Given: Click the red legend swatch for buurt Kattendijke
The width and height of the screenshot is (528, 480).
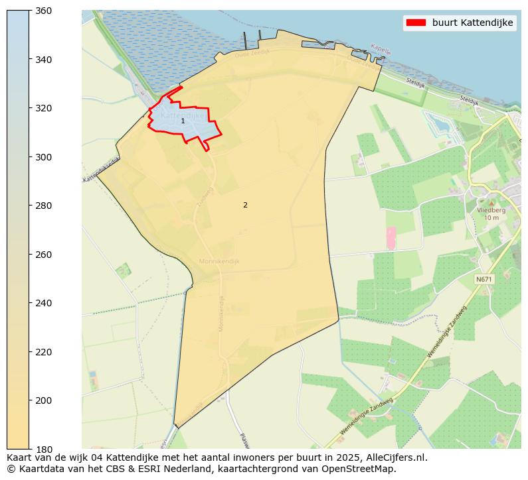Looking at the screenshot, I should pos(416,23).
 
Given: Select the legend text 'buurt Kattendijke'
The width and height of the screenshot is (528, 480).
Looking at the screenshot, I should pos(472,23).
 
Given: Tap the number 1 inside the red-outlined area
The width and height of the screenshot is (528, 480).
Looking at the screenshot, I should pos(183,121).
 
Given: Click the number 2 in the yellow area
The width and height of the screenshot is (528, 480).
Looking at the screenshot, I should pos(245,206).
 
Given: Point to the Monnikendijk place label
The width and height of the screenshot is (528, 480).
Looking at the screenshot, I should pos(219,261).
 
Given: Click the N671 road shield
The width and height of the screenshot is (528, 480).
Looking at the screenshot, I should pos(484,280).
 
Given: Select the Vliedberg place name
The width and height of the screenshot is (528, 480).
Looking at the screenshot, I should pos(491,210).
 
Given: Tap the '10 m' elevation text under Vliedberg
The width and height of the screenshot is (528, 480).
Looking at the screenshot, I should pos(491,217).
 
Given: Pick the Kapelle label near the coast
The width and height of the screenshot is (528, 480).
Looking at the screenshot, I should pos(381,48).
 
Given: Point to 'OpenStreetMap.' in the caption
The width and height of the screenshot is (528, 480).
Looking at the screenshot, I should pos(363,469).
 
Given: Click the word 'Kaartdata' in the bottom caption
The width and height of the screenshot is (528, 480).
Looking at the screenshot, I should pos(37,469).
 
